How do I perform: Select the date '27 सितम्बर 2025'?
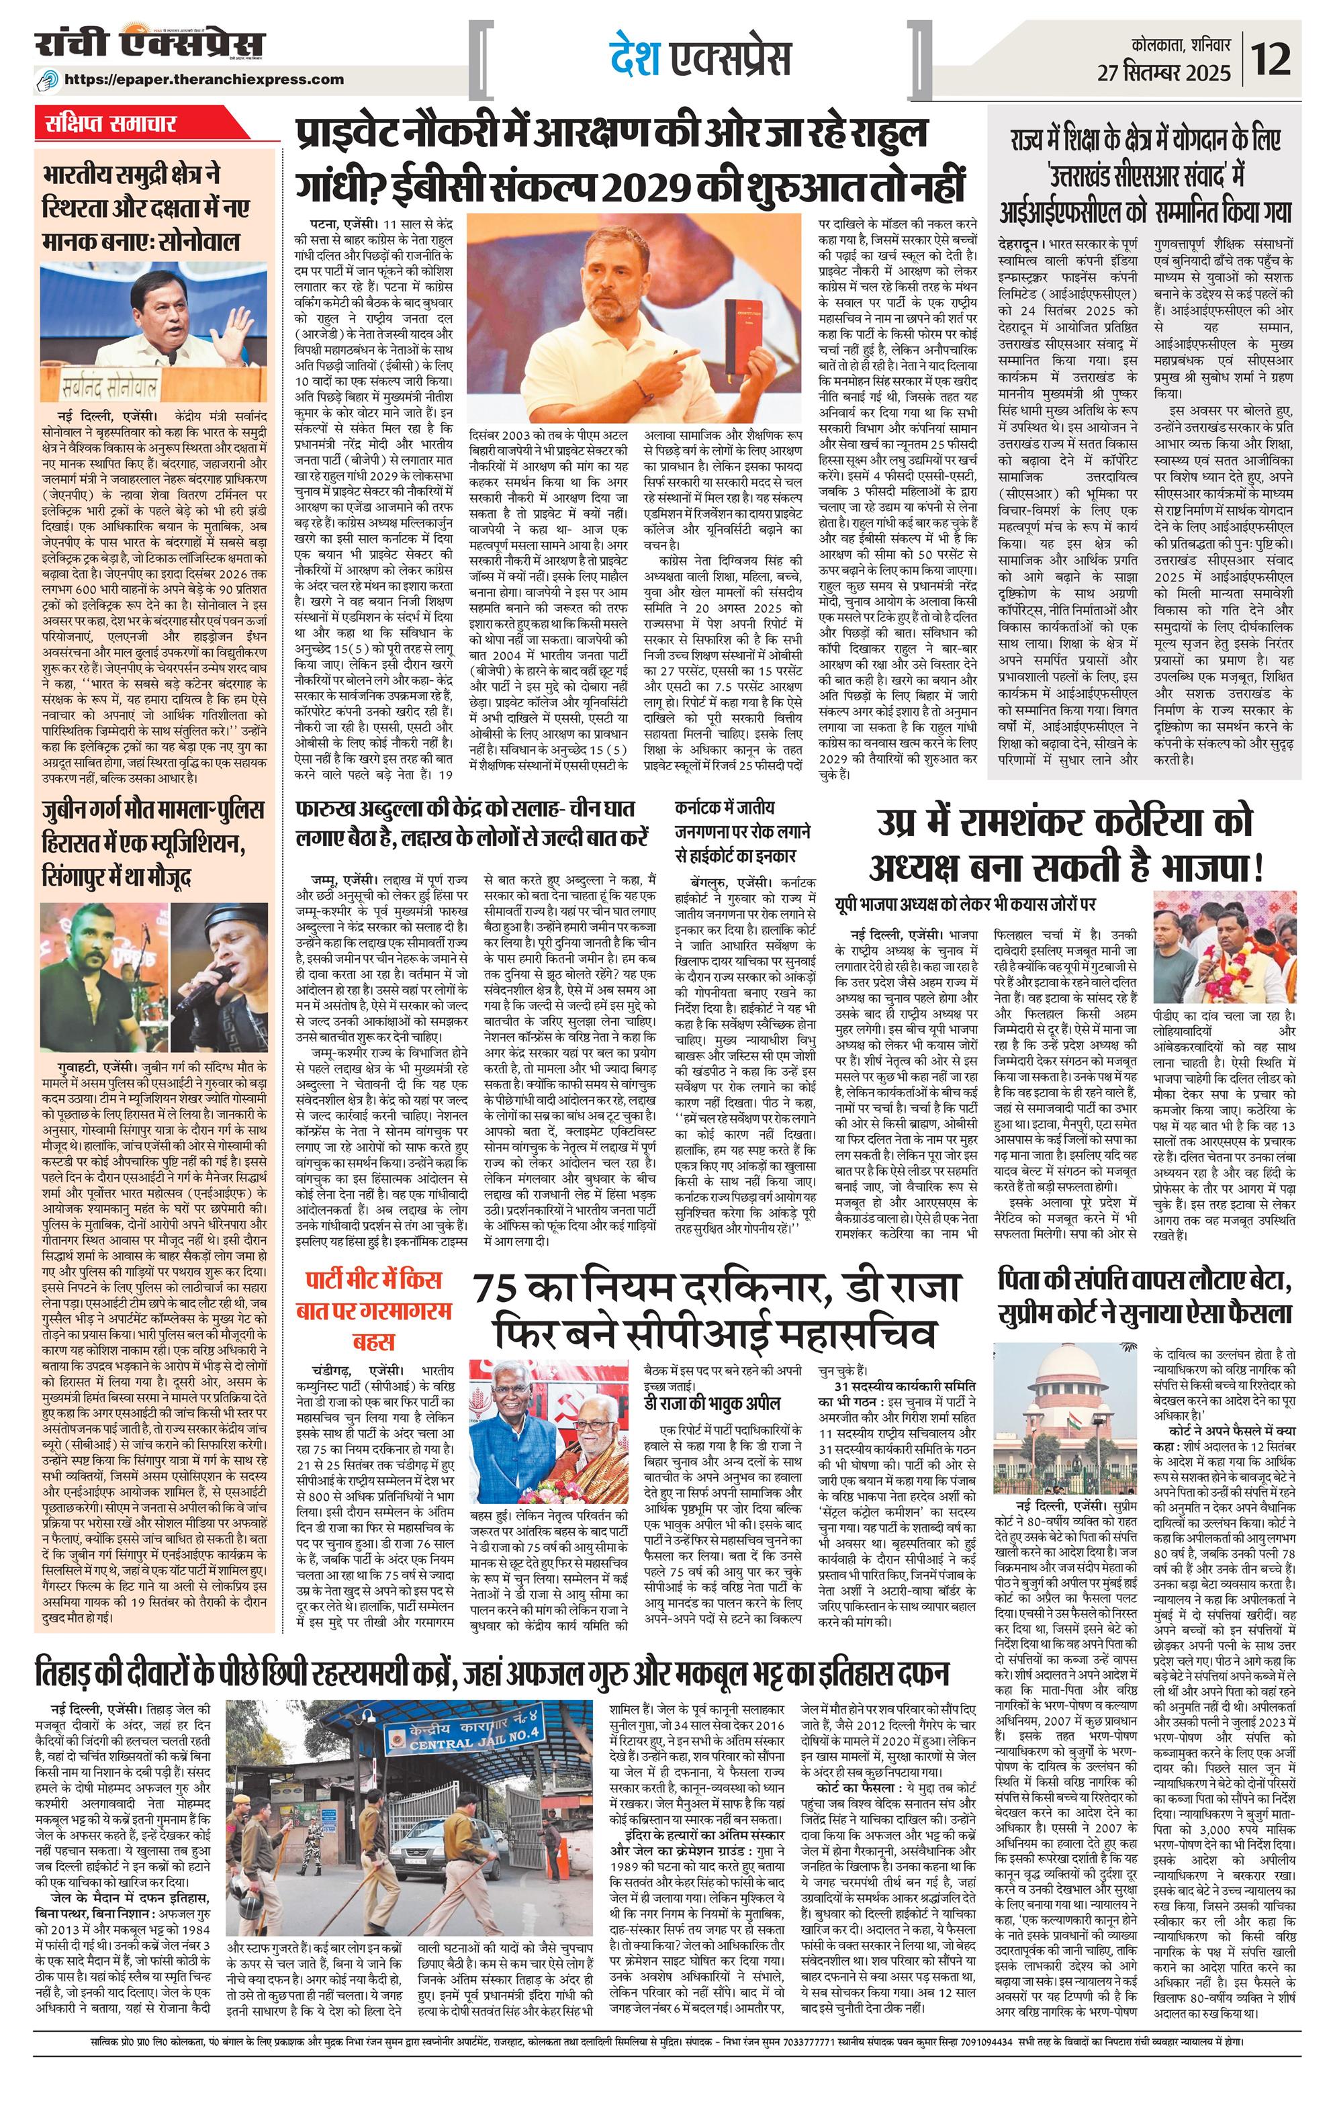pyautogui.click(x=1164, y=72)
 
